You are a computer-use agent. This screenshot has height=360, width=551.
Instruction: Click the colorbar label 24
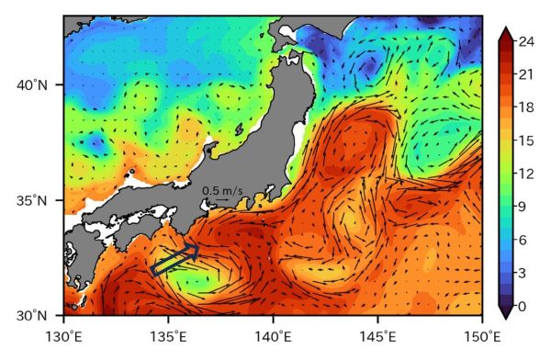point(527,41)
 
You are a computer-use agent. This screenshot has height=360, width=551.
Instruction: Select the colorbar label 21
point(527,74)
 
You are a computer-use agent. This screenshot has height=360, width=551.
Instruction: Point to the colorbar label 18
point(527,107)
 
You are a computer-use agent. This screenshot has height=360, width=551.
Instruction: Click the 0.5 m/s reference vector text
point(222,191)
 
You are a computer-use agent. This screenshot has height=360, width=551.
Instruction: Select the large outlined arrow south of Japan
point(175,260)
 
